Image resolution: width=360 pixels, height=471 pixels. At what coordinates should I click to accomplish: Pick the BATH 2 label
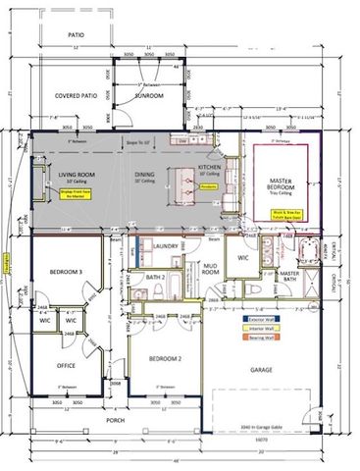coord(154,278)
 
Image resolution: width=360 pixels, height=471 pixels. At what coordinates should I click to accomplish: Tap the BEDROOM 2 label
coord(162,360)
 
